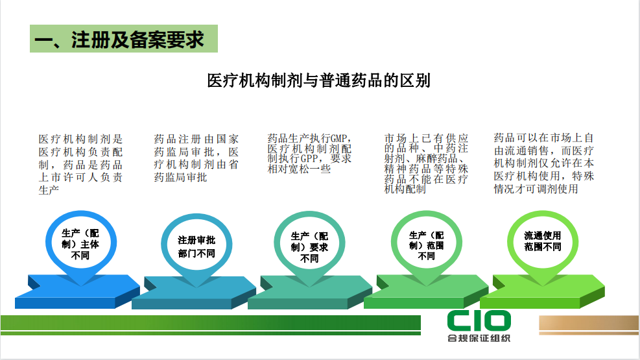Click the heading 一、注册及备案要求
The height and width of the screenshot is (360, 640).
(x=119, y=40)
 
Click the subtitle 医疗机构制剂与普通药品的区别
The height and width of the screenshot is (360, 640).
(x=318, y=80)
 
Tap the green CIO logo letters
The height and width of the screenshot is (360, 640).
(x=479, y=321)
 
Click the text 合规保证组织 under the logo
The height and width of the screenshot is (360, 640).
(x=479, y=338)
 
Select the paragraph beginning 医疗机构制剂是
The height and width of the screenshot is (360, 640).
(x=80, y=165)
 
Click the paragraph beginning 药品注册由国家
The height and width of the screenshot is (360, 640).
(x=196, y=158)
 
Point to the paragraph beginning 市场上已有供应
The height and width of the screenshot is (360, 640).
(x=426, y=163)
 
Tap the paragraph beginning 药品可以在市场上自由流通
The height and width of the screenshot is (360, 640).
(x=543, y=163)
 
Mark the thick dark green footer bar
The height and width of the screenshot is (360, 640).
(x=211, y=322)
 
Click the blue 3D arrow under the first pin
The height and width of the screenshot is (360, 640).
(x=78, y=291)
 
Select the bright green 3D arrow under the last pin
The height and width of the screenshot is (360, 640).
(x=543, y=291)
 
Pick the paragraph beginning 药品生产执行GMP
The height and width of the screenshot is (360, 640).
(x=309, y=154)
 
